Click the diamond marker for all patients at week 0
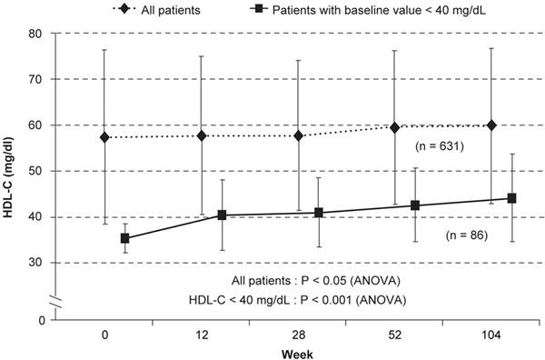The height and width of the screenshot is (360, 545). (104, 137)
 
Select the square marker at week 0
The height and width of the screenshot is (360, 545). (124, 238)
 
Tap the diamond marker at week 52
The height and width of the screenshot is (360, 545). (394, 127)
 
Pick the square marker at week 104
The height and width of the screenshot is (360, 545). (511, 198)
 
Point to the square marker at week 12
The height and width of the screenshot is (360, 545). (222, 215)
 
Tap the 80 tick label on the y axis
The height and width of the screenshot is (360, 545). (35, 34)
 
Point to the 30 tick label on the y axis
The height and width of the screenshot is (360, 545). (35, 263)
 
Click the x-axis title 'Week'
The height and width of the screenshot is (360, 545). (299, 353)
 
